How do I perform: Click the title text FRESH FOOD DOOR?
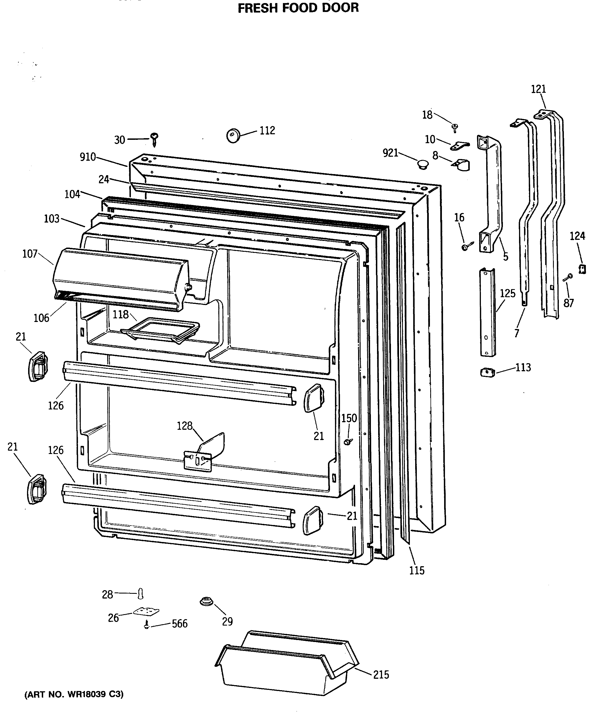click(x=298, y=8)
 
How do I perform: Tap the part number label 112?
click(x=267, y=130)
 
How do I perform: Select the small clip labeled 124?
click(x=583, y=269)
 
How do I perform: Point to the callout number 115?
click(x=417, y=570)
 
